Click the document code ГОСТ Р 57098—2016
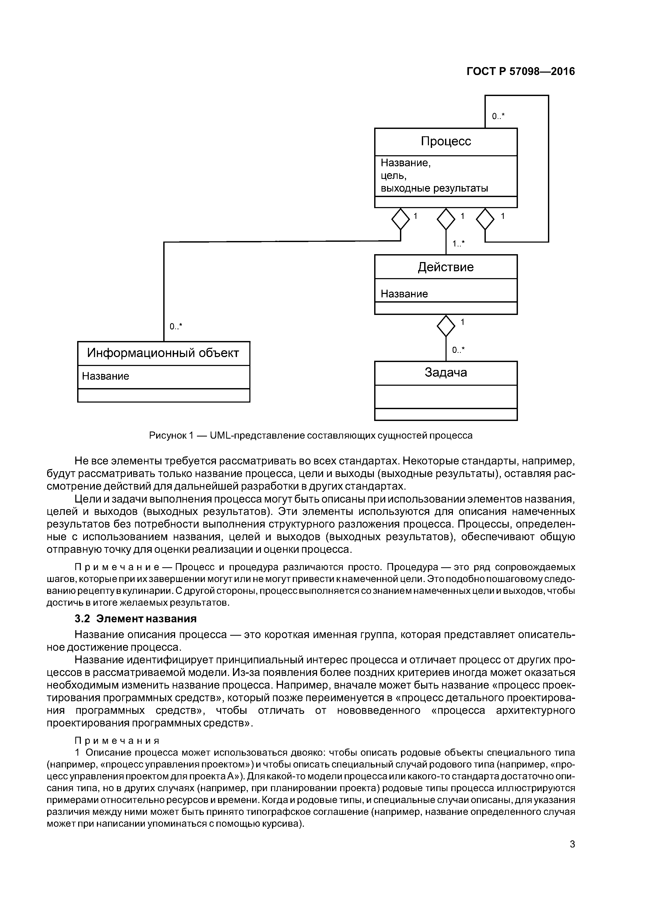tap(521, 72)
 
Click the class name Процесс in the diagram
tap(446, 141)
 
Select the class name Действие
tap(446, 267)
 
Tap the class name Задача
tap(446, 372)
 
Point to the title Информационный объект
tap(163, 353)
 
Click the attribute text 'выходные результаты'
tap(434, 188)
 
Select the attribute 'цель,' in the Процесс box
tap(393, 176)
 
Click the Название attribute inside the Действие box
tap(404, 294)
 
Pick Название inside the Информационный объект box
tap(105, 376)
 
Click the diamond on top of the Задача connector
tap(446, 326)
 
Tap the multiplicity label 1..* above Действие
tap(458, 244)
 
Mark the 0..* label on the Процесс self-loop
tap(498, 117)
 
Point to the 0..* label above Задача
tap(458, 350)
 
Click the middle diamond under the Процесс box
tap(446, 219)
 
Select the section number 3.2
tap(82, 618)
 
